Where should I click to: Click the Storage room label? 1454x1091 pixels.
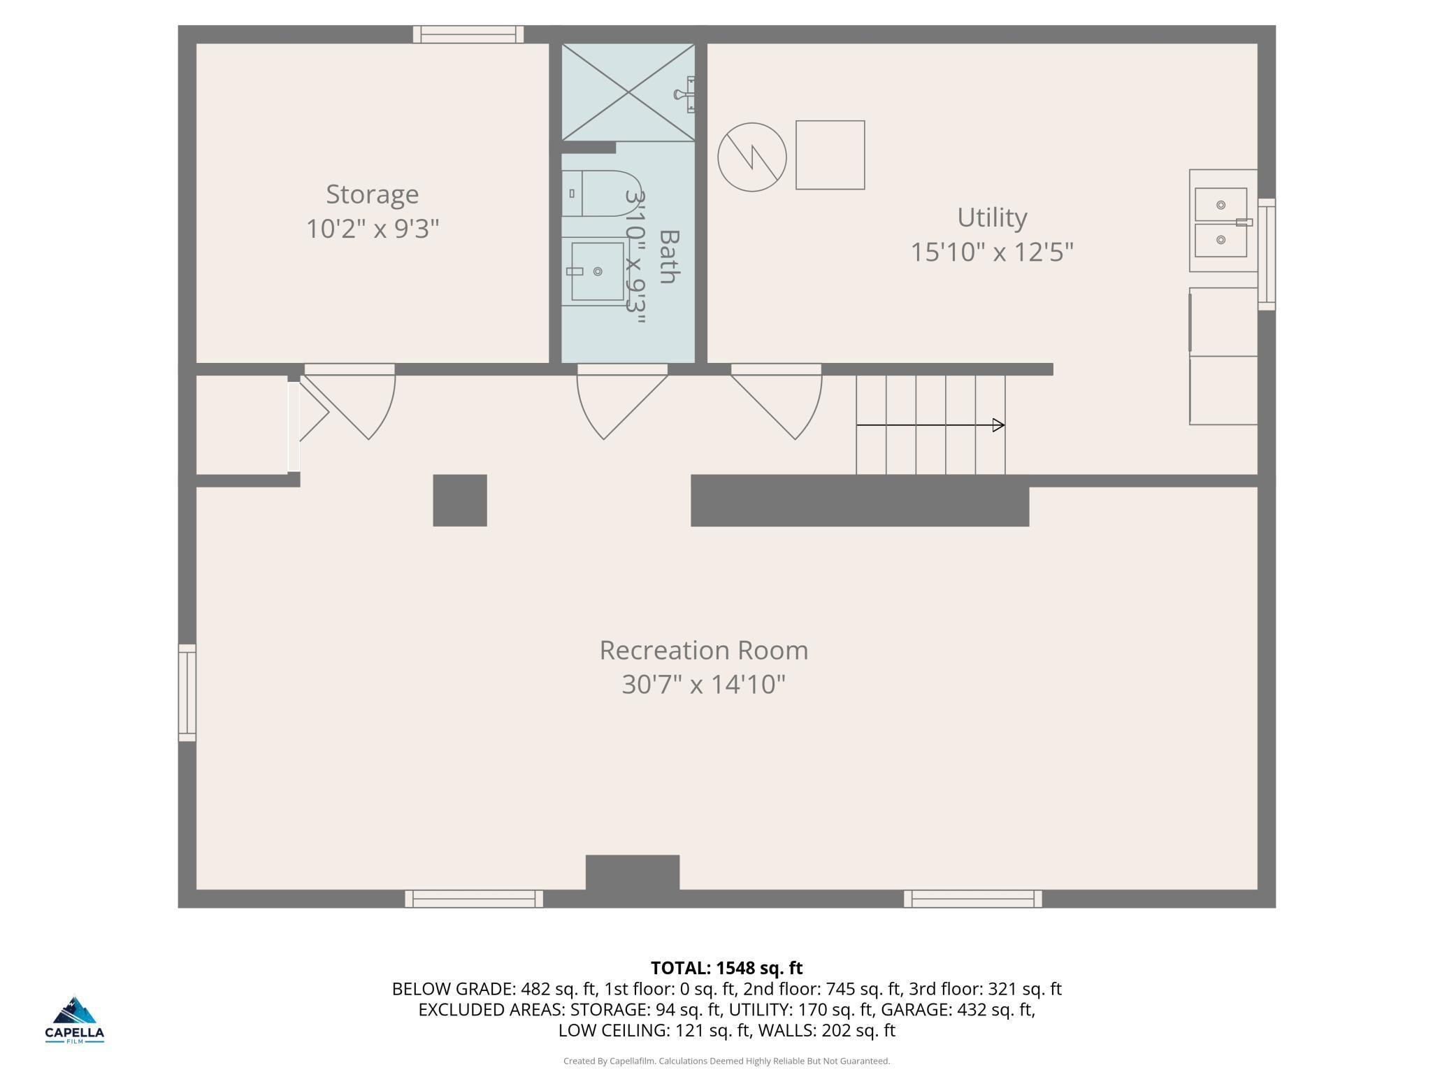point(372,194)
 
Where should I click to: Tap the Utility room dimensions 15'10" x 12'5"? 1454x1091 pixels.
point(991,252)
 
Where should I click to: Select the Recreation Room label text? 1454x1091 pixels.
point(703,650)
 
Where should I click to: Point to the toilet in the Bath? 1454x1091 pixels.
point(602,193)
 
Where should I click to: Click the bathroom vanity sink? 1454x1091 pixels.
point(596,271)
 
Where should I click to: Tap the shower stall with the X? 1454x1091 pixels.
point(628,92)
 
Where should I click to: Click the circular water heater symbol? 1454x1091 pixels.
point(752,157)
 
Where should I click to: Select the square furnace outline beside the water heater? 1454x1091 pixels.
point(830,155)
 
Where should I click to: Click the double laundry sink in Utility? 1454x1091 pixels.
point(1223,221)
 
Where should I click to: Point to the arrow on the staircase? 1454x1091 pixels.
point(930,425)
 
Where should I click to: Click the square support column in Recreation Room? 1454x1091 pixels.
point(460,500)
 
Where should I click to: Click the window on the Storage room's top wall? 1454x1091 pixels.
point(468,34)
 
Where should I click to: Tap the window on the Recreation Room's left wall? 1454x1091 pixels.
point(187,692)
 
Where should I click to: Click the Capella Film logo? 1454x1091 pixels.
point(75,1020)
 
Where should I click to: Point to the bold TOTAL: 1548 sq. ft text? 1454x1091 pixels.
point(726,968)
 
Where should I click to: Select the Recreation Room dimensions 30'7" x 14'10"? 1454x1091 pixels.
point(703,684)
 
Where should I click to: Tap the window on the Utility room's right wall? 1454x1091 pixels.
point(1267,254)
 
